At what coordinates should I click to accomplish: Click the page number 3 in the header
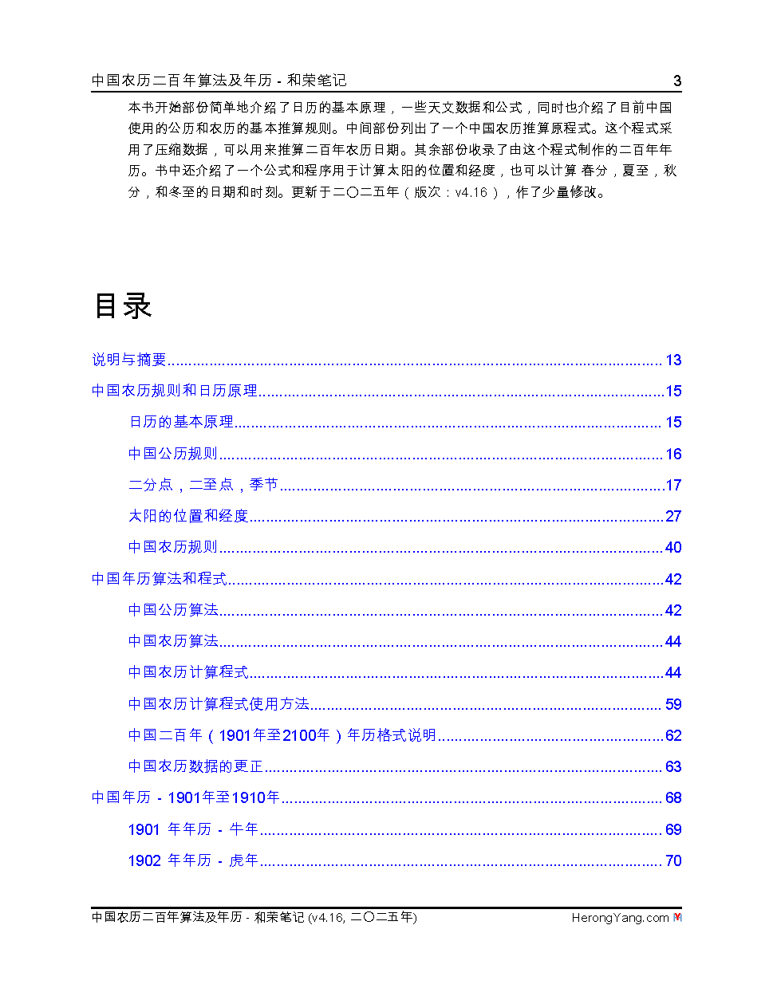(x=677, y=81)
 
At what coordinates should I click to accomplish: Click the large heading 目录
(x=123, y=306)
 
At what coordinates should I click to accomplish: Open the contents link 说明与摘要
(x=129, y=360)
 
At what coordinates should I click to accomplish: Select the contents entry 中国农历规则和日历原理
(x=175, y=391)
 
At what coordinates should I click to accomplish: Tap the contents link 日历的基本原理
(x=181, y=422)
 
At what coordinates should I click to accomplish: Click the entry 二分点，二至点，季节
(x=203, y=485)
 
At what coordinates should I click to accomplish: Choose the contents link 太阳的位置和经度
(x=188, y=516)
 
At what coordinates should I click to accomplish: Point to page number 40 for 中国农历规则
(x=673, y=548)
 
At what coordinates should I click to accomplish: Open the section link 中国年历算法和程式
(x=160, y=579)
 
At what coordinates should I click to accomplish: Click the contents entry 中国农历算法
(x=173, y=641)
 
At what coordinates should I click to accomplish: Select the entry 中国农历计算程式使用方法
(x=219, y=704)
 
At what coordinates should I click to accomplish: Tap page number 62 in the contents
(x=673, y=735)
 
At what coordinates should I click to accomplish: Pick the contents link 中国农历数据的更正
(x=195, y=766)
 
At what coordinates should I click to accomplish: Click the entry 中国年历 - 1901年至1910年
(x=186, y=797)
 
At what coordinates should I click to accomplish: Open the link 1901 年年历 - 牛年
(x=193, y=829)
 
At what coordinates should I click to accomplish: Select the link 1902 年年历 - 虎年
(x=193, y=860)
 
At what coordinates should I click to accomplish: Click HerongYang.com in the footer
(x=620, y=918)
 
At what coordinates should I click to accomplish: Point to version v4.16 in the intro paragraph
(x=471, y=192)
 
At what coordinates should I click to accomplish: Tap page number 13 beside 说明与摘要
(x=673, y=360)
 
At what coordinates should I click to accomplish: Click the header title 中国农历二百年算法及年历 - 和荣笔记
(x=219, y=81)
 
